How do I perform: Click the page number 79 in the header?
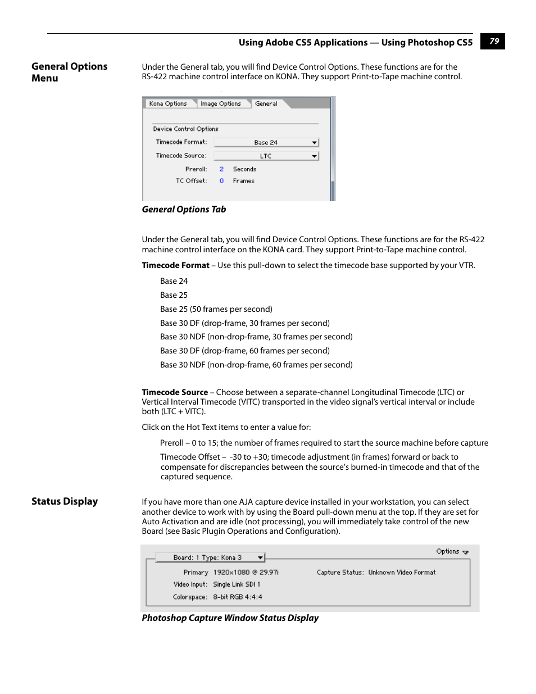493,41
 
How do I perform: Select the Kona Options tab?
167,103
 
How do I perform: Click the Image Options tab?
220,103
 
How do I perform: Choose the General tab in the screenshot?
266,103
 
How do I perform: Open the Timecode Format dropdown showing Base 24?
266,142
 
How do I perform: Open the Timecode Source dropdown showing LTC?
266,156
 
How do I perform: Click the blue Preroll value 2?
221,169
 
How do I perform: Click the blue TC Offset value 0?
221,181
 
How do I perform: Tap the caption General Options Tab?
184,209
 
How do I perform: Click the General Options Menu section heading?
69,72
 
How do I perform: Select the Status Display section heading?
65,501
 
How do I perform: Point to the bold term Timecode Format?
175,265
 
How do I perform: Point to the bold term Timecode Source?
175,392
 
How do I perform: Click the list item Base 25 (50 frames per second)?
216,309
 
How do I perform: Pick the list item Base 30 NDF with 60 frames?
256,365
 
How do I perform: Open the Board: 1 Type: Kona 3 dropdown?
210,557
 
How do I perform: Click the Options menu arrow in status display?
465,552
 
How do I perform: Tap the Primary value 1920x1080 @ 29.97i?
246,572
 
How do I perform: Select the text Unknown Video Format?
402,572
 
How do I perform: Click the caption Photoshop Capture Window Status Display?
230,618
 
